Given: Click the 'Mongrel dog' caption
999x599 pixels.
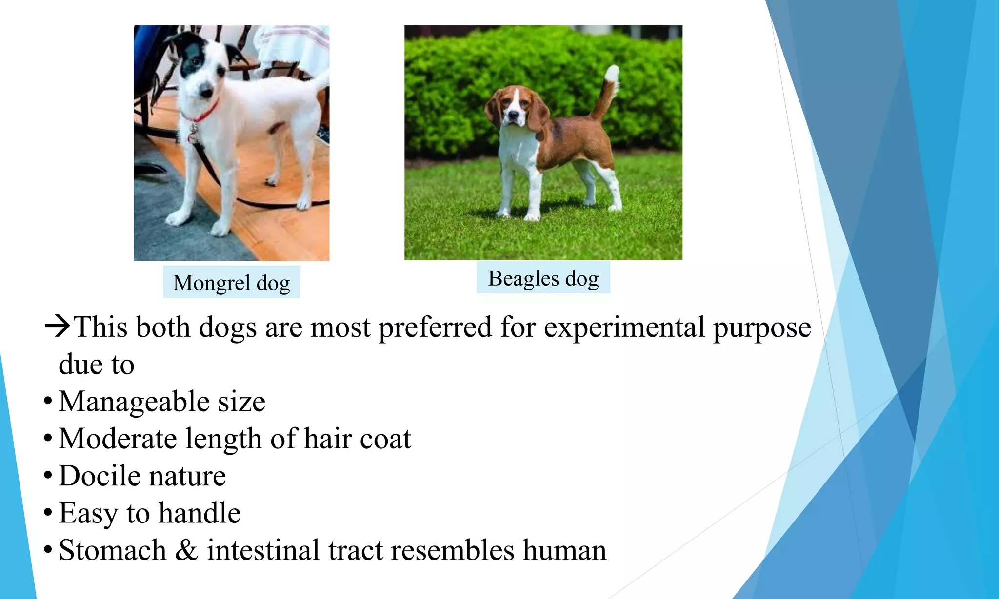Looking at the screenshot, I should pos(231,283).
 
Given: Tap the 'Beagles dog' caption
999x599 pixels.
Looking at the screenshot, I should pos(543,278).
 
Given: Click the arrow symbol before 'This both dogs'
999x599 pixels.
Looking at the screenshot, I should pos(58,326).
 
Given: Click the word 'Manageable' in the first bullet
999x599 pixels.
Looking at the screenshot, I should pos(134,402).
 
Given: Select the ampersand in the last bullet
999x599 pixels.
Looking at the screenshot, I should pos(186,550).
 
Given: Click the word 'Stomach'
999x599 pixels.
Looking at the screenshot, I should pos(113,550).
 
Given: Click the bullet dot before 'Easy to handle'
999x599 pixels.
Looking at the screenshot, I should pos(47,513).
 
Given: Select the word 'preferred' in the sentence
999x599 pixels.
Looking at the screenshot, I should pos(435,327).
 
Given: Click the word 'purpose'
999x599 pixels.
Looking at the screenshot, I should pos(762,328).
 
